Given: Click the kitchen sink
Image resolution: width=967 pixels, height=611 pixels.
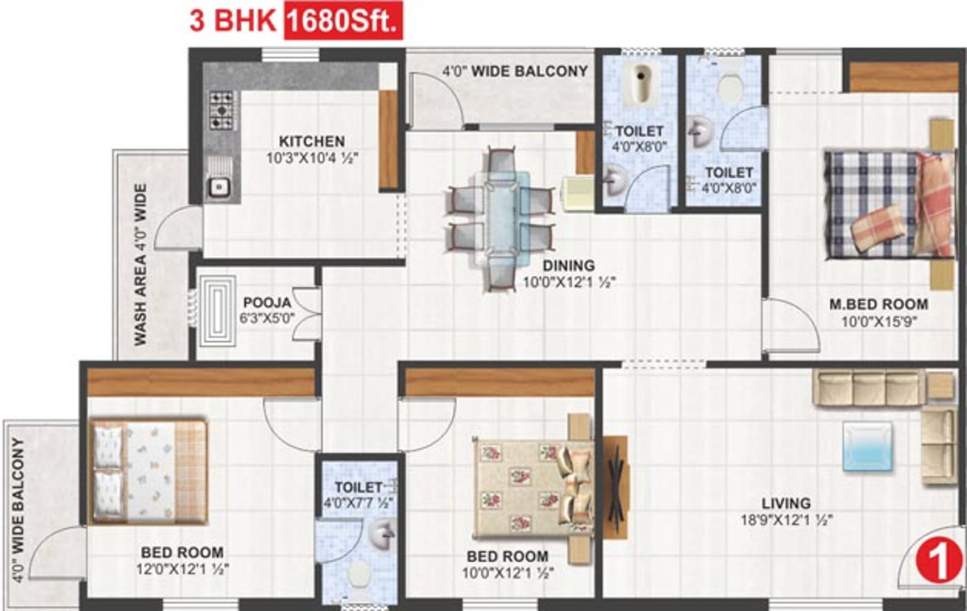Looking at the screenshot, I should pyautogui.click(x=218, y=181).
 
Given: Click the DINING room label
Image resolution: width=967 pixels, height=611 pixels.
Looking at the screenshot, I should pyautogui.click(x=567, y=266).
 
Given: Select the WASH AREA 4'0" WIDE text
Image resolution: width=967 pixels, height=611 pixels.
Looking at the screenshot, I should pyautogui.click(x=141, y=265).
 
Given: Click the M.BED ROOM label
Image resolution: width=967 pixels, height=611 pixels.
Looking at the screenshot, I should pyautogui.click(x=878, y=305).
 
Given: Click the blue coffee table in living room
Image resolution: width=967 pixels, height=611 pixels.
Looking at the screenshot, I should pyautogui.click(x=868, y=445).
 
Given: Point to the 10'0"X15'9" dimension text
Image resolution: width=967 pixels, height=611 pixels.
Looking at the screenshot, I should pyautogui.click(x=878, y=320).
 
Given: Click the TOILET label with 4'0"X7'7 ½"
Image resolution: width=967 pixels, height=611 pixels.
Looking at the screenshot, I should pyautogui.click(x=358, y=487).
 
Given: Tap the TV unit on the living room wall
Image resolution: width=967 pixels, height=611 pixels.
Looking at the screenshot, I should pyautogui.click(x=615, y=487).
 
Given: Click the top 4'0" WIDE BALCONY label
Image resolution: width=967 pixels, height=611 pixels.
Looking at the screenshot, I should pyautogui.click(x=514, y=72).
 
